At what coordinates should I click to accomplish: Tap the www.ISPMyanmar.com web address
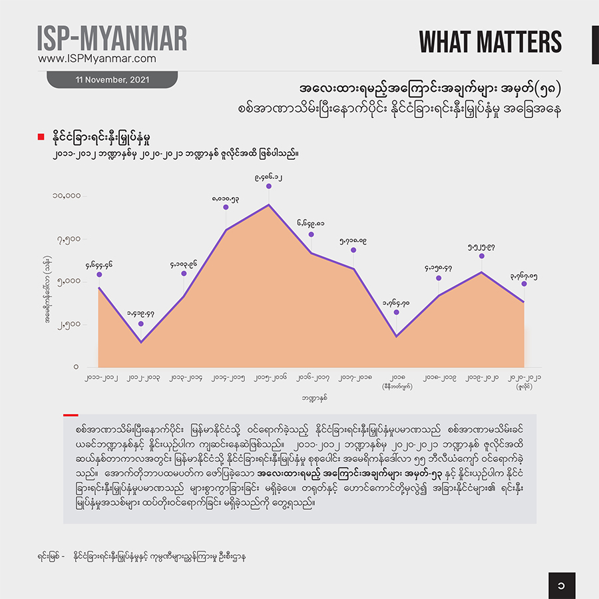pyautogui.click(x=97, y=59)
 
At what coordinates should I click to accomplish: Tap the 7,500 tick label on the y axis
pyautogui.click(x=69, y=239)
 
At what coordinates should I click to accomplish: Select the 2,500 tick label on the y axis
pyautogui.click(x=69, y=324)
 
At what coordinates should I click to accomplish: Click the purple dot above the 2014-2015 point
pyautogui.click(x=226, y=207)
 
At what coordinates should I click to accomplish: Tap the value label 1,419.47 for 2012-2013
pyautogui.click(x=140, y=313)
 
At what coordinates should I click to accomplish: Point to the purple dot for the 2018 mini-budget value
pyautogui.click(x=397, y=311)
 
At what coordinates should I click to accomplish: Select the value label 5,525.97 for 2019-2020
pyautogui.click(x=481, y=246)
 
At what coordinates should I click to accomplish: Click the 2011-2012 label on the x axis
pyautogui.click(x=99, y=378)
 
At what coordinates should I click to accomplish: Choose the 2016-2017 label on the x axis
pyautogui.click(x=311, y=378)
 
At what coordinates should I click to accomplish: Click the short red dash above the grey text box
pyautogui.click(x=71, y=415)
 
